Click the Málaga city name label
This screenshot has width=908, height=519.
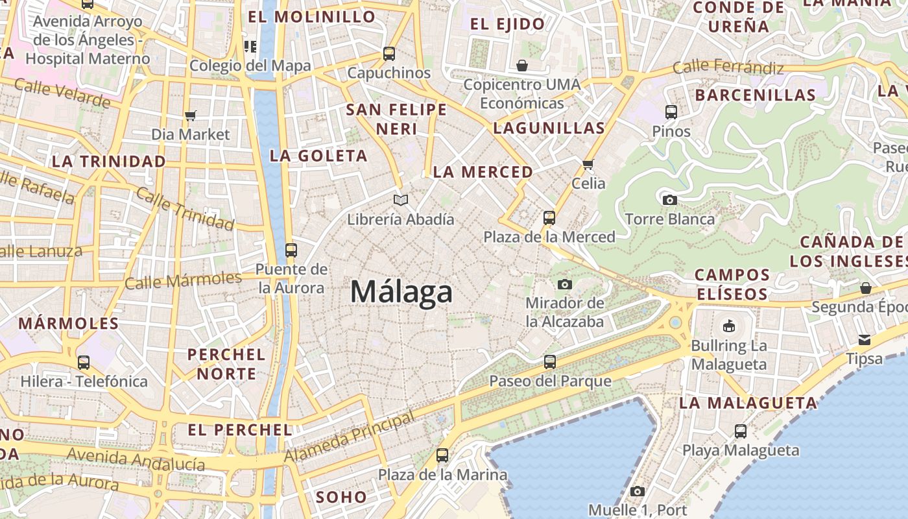point(401,292)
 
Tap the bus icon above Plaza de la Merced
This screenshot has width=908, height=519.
point(549,218)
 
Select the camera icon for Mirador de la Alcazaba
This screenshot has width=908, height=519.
point(565,284)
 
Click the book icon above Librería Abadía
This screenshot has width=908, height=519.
point(401,200)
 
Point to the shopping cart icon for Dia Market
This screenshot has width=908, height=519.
point(191,115)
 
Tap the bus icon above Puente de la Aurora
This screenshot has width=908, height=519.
point(291,250)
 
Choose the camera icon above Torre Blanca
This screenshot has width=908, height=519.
point(670,200)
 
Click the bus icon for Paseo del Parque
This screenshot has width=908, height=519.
point(550,361)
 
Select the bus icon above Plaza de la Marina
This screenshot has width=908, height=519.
point(442,455)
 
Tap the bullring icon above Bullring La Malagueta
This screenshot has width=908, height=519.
point(729,326)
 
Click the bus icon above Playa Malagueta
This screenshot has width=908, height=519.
point(740,431)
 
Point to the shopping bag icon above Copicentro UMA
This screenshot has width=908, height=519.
point(522,66)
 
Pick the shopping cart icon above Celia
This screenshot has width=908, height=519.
point(588,164)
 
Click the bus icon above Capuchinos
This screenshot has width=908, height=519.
point(389,54)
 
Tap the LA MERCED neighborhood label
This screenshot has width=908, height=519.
point(483,172)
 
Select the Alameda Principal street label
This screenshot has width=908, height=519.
point(350,437)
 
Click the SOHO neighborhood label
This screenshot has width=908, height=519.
point(341,498)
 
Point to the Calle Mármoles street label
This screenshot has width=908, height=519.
point(183,280)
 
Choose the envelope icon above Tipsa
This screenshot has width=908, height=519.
point(865,339)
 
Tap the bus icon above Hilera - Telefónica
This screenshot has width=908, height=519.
point(84,363)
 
